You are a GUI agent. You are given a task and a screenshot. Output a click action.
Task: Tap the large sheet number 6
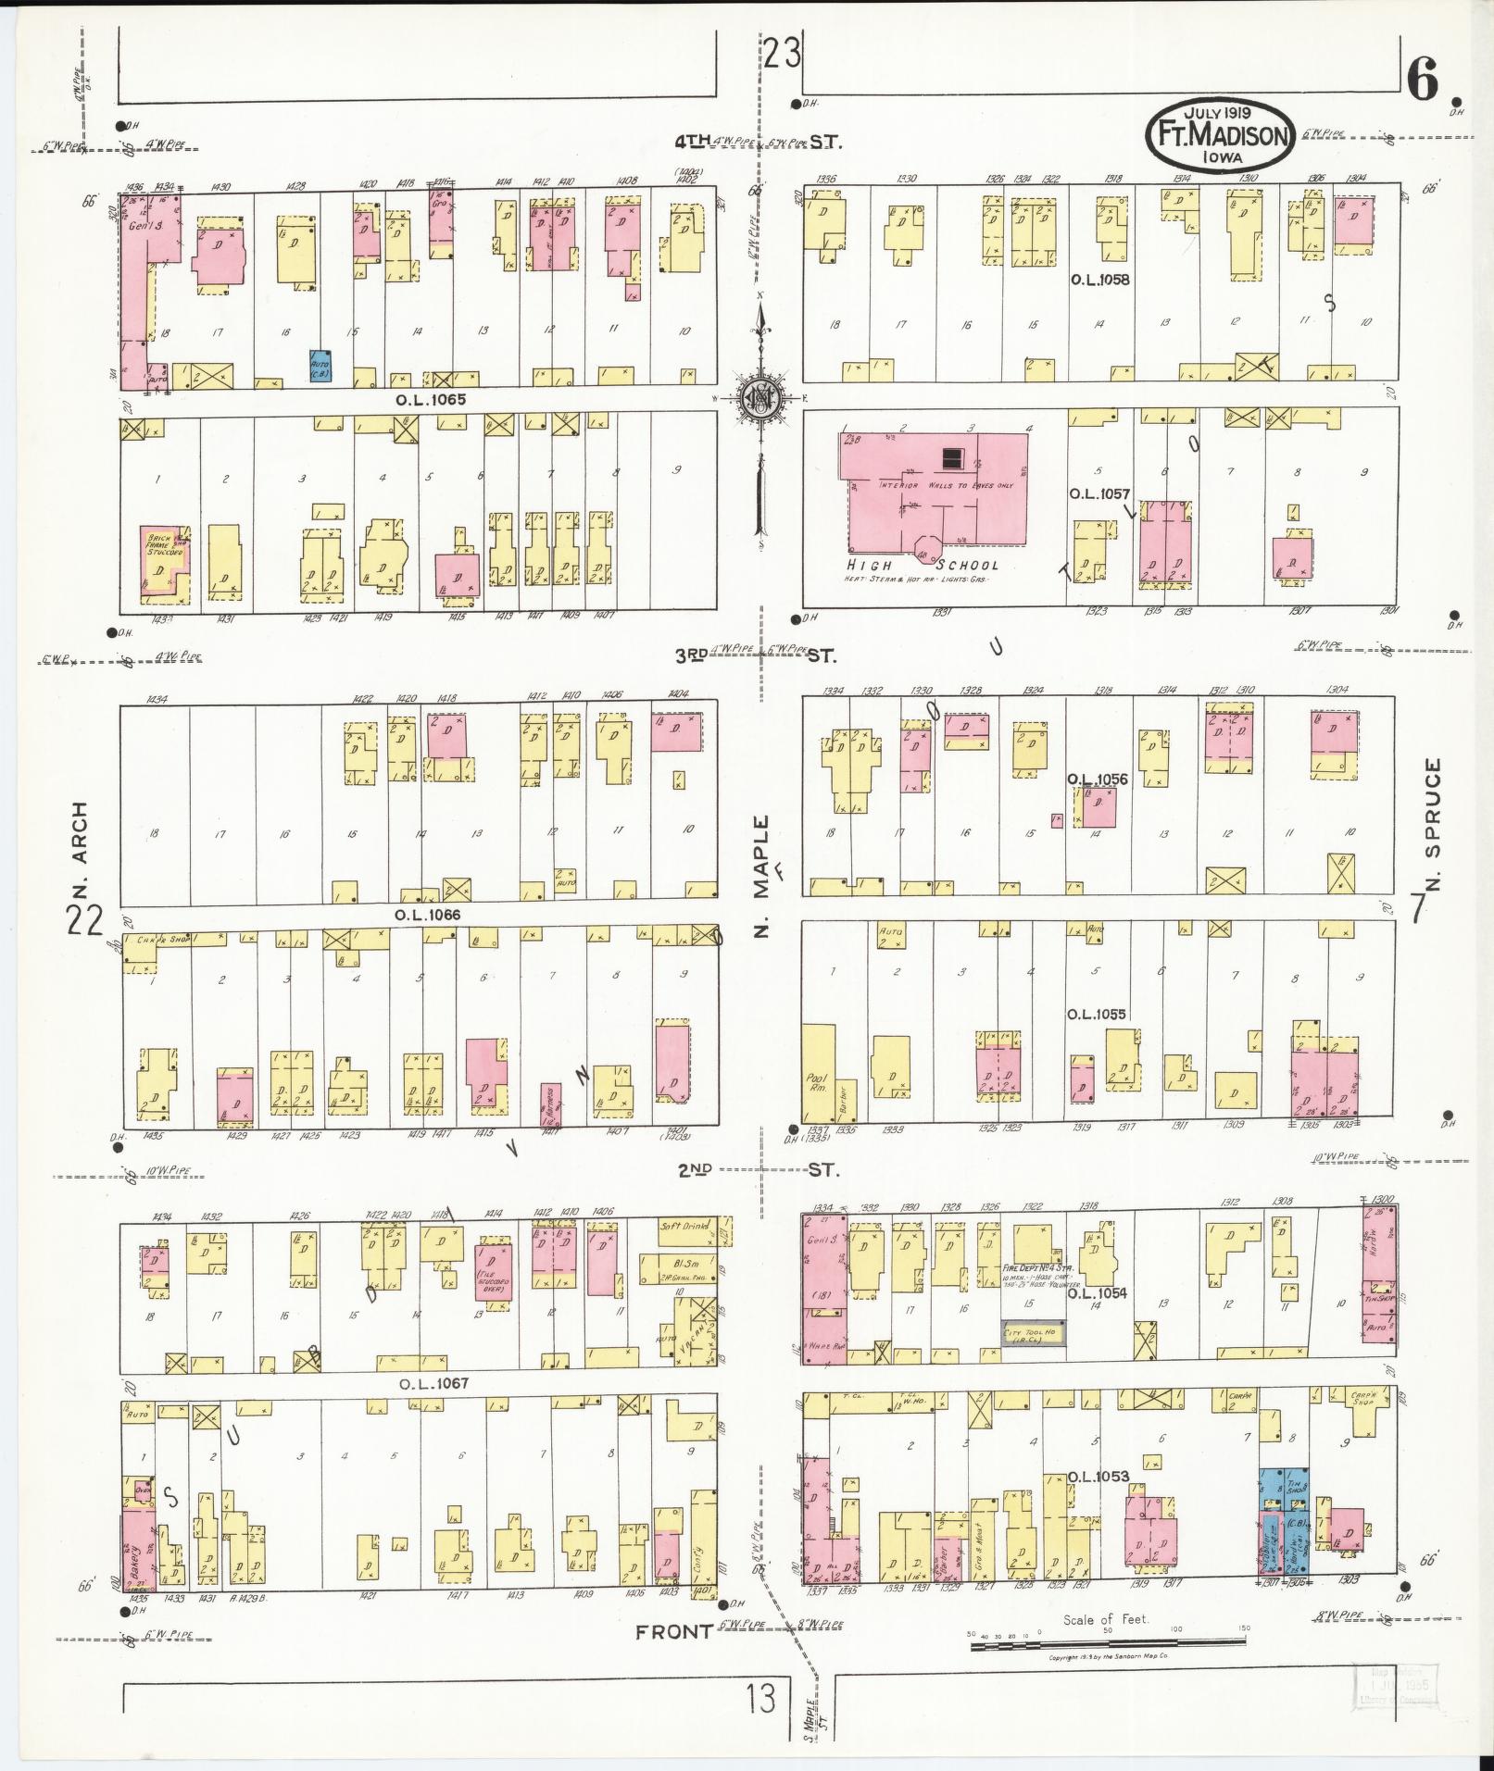click(1423, 80)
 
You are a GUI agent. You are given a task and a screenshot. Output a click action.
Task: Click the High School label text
click(923, 565)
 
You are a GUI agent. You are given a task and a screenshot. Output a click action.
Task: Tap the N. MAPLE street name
click(761, 875)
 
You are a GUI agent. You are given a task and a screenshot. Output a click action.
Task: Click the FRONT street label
click(673, 1632)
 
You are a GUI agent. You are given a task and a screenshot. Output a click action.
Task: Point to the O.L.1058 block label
click(1099, 279)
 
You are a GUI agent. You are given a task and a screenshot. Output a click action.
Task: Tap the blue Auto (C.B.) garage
click(320, 367)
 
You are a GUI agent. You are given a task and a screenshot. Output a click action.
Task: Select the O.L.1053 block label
click(1099, 1476)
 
